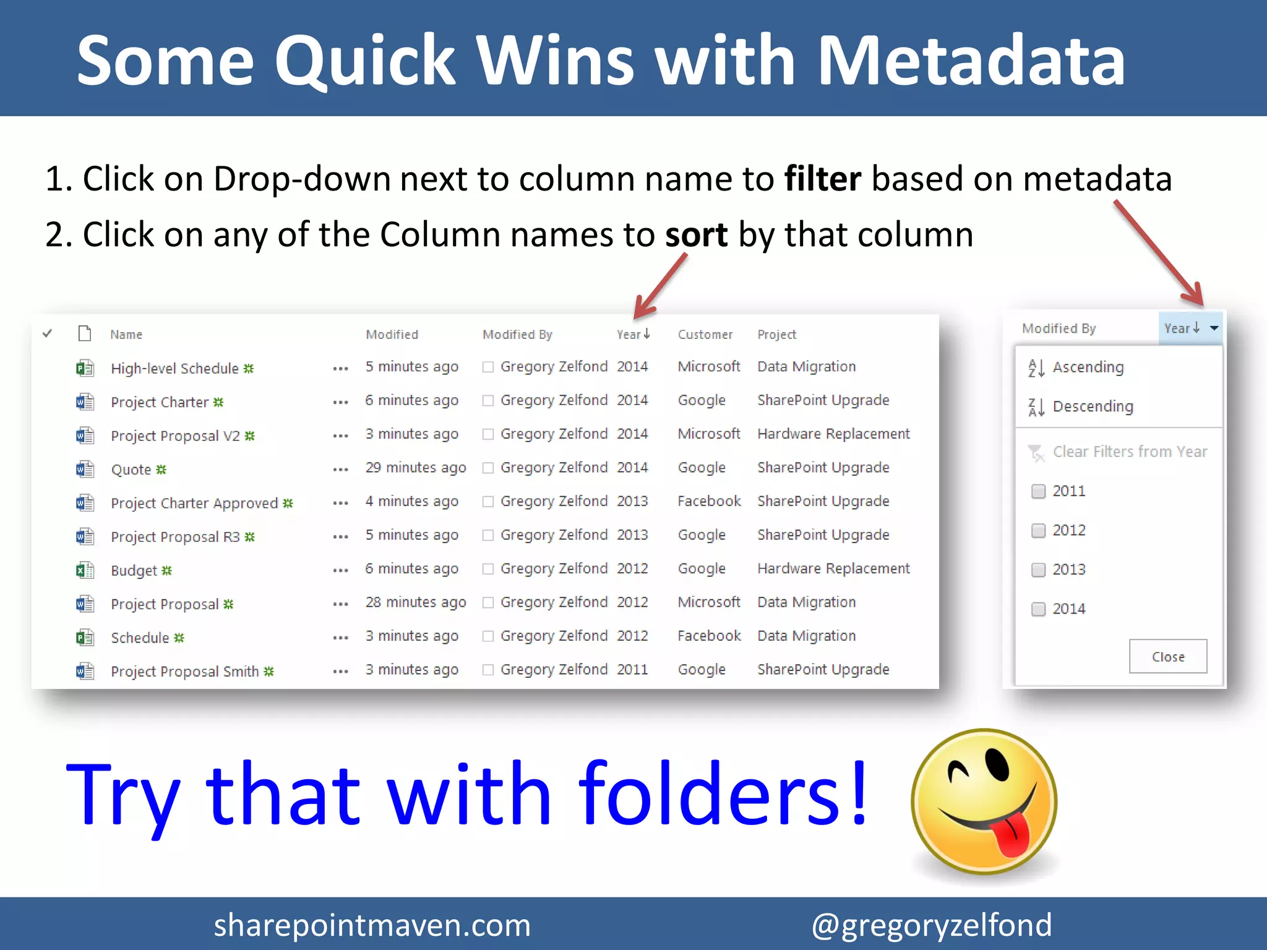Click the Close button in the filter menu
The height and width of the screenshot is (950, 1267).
pos(1167,656)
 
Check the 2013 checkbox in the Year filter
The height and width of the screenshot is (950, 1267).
pos(1039,570)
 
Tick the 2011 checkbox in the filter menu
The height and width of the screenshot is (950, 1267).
pos(1039,491)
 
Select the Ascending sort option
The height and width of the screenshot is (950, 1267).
pos(1088,367)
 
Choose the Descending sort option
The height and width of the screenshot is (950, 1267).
pos(1093,406)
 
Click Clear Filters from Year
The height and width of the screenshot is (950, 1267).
pos(1129,452)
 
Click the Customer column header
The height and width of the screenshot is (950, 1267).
pos(705,335)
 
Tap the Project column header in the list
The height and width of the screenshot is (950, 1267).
pos(776,335)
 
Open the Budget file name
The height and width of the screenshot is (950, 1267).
pos(134,570)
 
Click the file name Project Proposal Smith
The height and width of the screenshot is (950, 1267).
pos(184,671)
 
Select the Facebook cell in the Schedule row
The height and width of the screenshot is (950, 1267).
pos(709,636)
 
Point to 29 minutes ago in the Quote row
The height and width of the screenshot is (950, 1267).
pos(415,468)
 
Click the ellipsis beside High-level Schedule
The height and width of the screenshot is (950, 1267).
pos(340,369)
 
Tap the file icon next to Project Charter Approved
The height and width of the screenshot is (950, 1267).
pos(85,502)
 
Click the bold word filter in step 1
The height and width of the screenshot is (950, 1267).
pos(822,179)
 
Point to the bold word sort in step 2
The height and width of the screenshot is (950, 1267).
pos(696,235)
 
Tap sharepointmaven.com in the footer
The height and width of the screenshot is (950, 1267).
pos(372,925)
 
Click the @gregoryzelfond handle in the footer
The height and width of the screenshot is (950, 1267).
pos(931,925)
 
